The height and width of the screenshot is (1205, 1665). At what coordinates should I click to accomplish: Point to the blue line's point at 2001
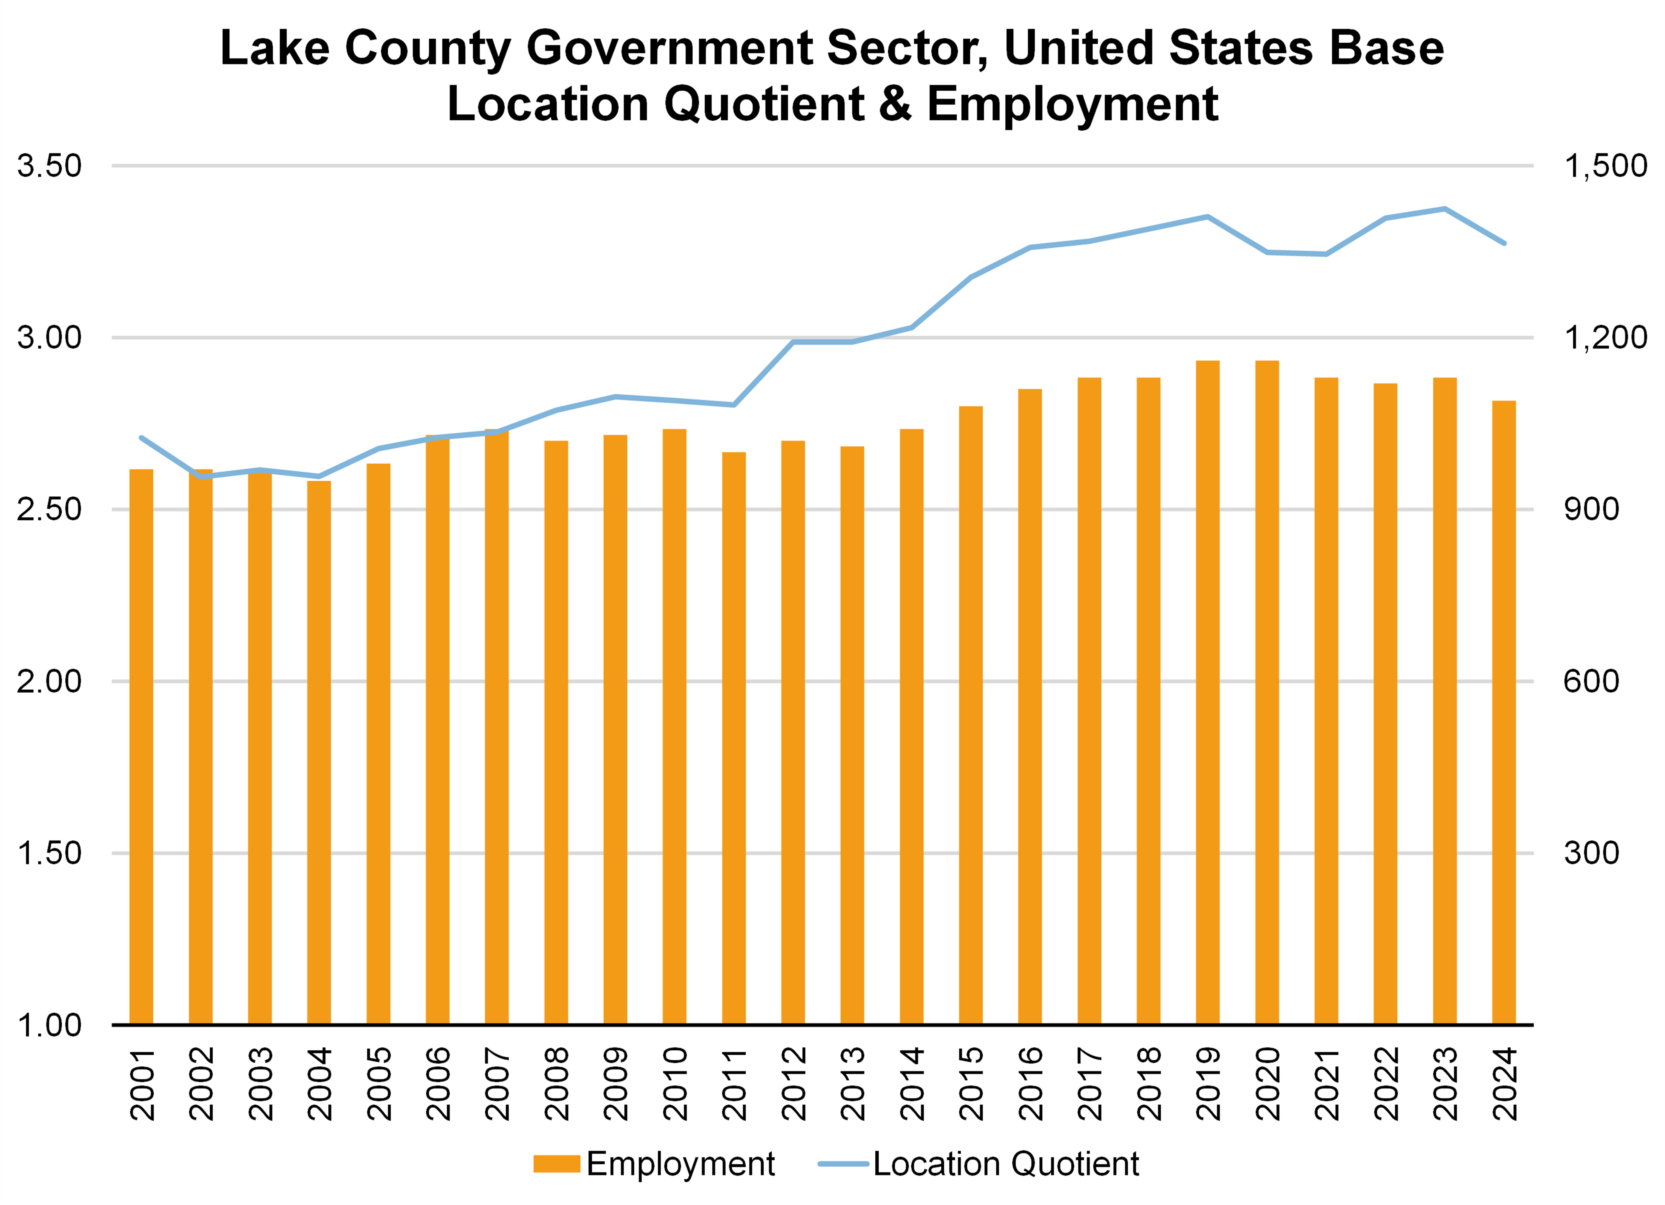141,438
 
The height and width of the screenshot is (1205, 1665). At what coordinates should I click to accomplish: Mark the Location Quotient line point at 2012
793,342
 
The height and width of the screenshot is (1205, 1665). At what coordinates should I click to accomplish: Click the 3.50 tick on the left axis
49,166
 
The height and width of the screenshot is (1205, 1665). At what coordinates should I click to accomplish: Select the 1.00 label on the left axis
49,1025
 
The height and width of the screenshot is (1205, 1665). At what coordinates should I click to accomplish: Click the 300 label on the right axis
1591,853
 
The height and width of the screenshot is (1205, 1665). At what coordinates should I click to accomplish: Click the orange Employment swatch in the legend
556,1164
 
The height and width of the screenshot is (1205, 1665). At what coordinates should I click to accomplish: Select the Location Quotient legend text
1006,1164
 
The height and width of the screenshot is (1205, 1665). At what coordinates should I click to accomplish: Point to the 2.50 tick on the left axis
49,509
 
